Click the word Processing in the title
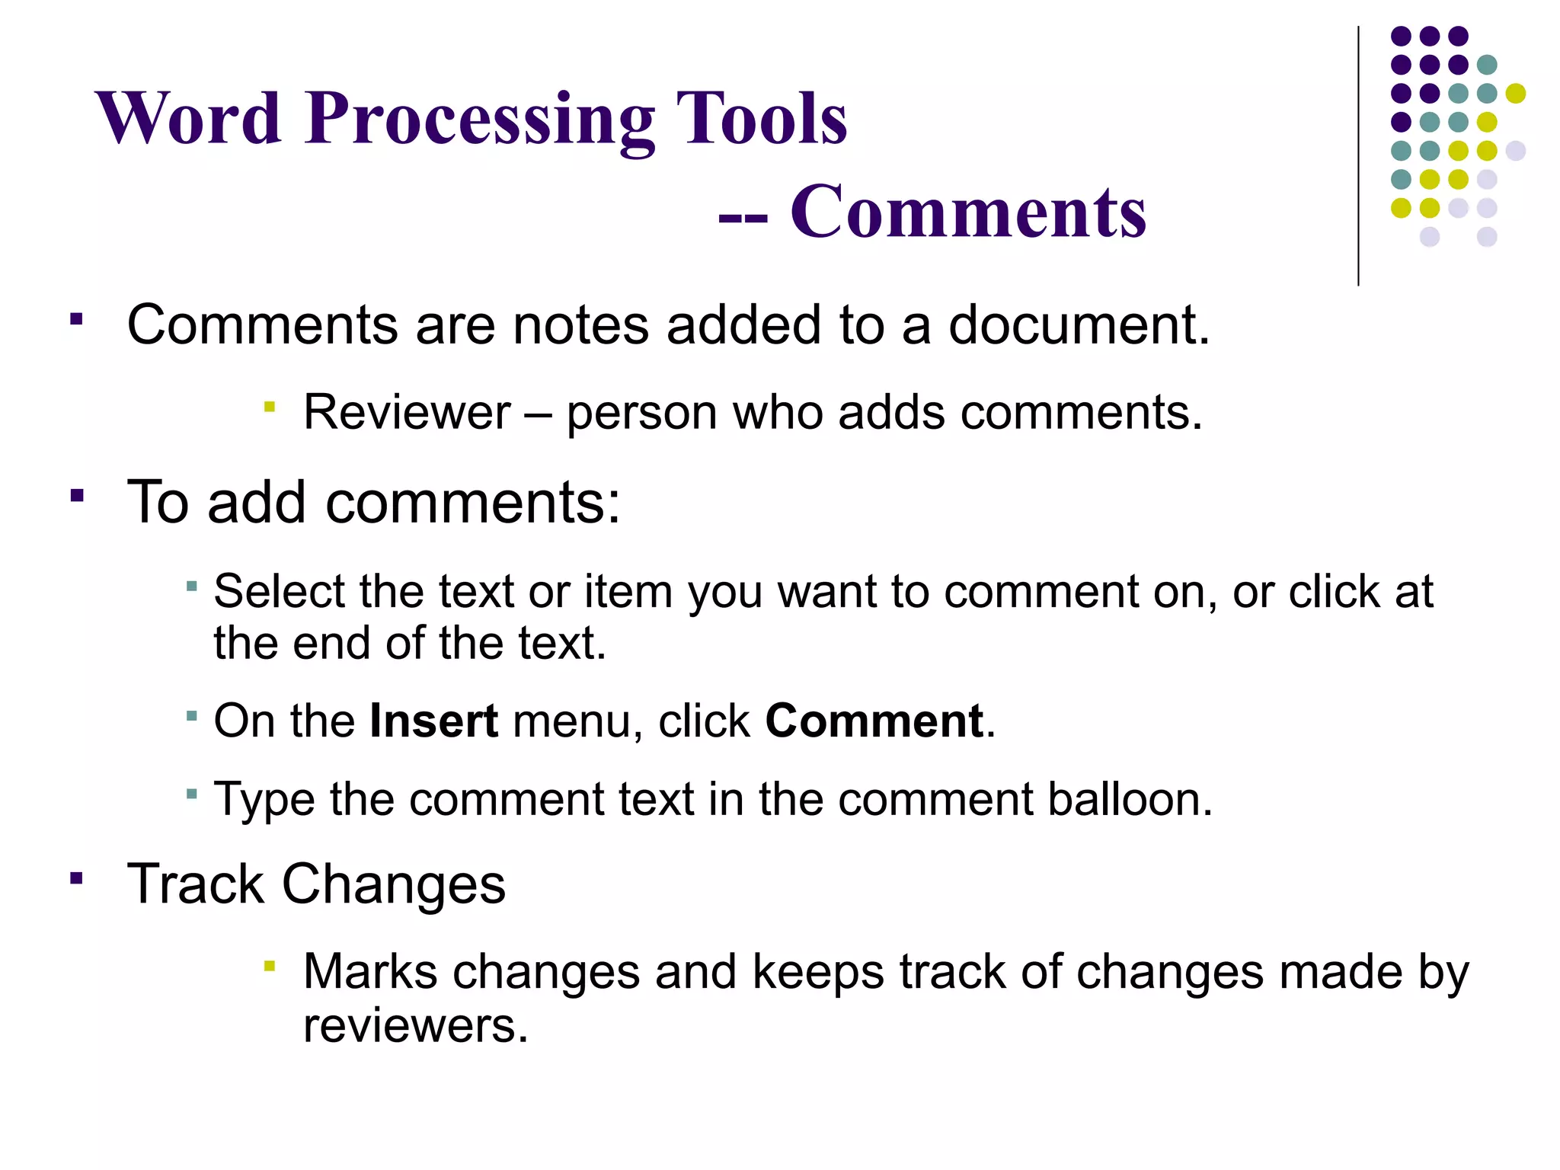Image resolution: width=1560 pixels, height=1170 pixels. [x=480, y=120]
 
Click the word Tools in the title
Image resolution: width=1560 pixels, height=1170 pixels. [x=762, y=120]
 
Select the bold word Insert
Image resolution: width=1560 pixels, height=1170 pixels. [x=433, y=721]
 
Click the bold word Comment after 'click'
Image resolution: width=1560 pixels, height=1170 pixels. [x=874, y=721]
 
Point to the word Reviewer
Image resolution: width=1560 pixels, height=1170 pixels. [x=407, y=413]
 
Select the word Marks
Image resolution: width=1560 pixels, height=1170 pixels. [x=370, y=972]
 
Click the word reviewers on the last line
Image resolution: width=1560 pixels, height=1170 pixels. [x=415, y=1025]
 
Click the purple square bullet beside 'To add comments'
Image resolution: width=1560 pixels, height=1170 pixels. [x=76, y=497]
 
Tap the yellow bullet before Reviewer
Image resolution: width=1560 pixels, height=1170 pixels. [x=269, y=408]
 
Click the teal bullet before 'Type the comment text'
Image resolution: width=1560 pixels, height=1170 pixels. [x=192, y=794]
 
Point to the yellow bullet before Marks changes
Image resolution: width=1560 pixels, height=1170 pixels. [x=269, y=967]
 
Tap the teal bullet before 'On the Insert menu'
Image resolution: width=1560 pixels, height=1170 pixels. [x=192, y=716]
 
